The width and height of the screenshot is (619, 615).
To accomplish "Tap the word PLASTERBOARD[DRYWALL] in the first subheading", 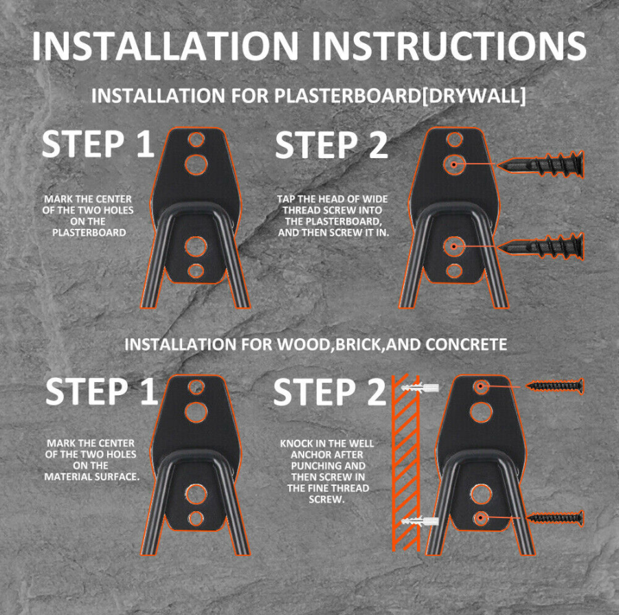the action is [400, 96].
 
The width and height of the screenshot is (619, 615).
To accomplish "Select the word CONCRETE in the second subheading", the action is [466, 344].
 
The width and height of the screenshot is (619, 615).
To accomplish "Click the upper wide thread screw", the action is [540, 164].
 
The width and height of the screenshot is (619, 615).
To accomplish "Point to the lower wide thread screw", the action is [540, 247].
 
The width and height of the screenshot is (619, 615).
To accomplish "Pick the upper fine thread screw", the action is [554, 385].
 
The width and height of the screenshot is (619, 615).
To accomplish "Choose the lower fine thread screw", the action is [554, 518].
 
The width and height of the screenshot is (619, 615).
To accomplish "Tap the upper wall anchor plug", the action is [420, 387].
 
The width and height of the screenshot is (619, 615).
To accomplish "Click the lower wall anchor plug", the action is [420, 521].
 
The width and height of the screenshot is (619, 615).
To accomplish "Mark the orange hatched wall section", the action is [405, 463].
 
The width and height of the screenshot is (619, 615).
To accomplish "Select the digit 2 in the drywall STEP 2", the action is [377, 144].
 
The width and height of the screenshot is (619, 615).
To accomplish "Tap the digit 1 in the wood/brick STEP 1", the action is [149, 391].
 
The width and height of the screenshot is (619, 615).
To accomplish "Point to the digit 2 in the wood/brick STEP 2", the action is [375, 391].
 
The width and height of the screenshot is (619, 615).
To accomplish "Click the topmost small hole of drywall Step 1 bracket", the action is [196, 139].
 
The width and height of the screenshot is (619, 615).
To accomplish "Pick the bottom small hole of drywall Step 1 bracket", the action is [196, 271].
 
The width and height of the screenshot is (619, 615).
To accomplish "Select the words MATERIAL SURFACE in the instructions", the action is [92, 477].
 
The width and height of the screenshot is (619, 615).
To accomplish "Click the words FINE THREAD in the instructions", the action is [328, 489].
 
